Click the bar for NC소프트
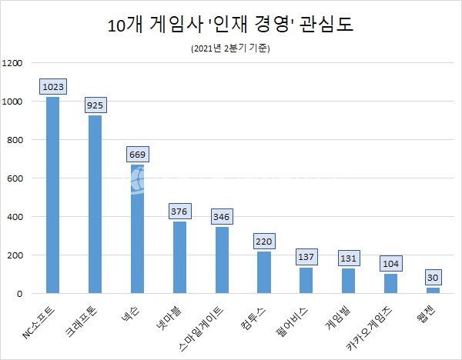point(53,195)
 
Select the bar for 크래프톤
point(95,205)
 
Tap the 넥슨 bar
point(137,229)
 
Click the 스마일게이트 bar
point(222,260)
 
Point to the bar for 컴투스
point(264,272)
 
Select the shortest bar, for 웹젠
point(433,291)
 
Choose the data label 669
point(137,155)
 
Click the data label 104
point(390,263)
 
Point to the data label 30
point(433,277)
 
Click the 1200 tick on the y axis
point(15,63)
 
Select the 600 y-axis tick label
point(18,178)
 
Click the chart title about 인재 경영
point(231,25)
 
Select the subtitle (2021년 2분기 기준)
point(231,48)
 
